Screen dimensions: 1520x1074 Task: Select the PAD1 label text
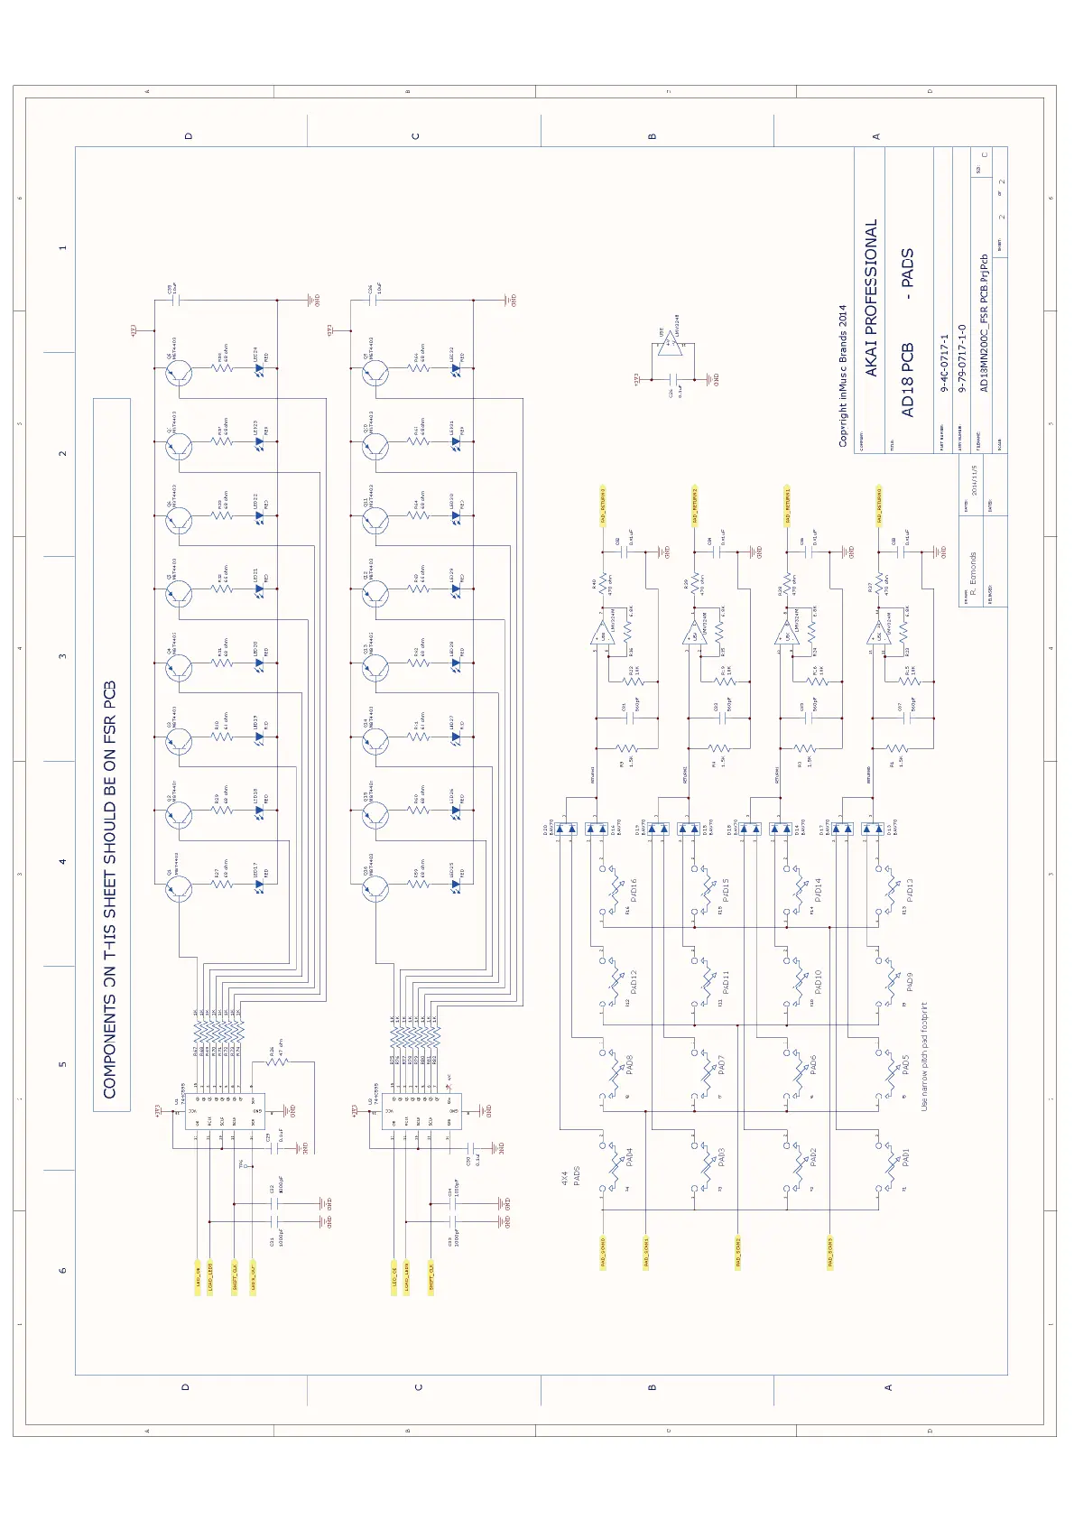pos(905,1157)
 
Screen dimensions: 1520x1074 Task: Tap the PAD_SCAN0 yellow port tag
pos(603,1253)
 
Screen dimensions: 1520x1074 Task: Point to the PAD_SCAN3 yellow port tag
pos(829,1253)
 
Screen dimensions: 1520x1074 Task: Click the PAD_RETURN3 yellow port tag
pos(603,505)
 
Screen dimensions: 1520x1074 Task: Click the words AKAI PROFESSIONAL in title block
pos(871,298)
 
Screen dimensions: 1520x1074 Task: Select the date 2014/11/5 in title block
pos(975,480)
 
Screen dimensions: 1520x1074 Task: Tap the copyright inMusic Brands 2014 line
pos(843,375)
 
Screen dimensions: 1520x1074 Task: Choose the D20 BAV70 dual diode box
pos(566,828)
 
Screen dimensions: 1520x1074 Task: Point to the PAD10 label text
pos(818,982)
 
